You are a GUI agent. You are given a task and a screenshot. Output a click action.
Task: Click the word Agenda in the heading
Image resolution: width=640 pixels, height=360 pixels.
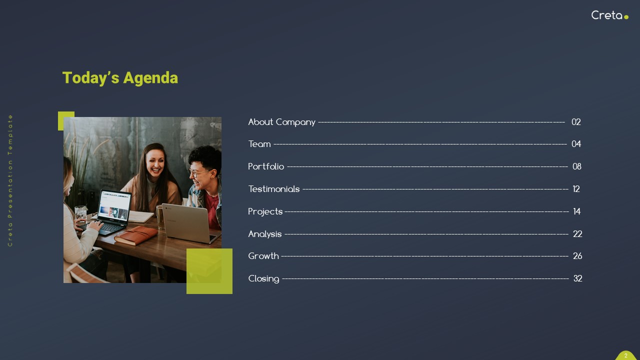(150, 78)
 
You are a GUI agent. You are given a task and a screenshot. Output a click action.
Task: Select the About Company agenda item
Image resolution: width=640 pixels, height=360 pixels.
(281, 122)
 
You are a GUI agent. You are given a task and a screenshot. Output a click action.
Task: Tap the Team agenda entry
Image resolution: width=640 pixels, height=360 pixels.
(259, 144)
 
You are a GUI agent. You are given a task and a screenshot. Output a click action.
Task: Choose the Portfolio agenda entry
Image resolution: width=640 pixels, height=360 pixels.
(266, 166)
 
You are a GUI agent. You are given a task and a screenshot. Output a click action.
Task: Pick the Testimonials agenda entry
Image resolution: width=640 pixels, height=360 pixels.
(274, 189)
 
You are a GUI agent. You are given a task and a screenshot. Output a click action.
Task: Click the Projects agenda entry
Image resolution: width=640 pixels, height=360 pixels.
(265, 211)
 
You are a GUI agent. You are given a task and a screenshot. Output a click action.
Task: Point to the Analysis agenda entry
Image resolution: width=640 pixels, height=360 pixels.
(265, 234)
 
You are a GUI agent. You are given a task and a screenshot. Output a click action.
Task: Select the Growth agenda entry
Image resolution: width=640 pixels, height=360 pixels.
(263, 256)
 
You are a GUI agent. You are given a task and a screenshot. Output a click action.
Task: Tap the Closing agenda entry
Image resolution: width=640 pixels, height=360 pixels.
(263, 278)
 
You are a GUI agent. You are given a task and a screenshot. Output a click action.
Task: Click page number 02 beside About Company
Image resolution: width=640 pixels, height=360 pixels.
(576, 122)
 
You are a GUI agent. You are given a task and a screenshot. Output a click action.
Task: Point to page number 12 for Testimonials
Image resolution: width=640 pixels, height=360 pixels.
(576, 189)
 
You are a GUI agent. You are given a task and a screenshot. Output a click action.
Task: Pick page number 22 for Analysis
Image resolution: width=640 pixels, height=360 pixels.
(577, 234)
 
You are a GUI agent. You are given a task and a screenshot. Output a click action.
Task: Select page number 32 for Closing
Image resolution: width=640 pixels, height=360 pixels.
(577, 278)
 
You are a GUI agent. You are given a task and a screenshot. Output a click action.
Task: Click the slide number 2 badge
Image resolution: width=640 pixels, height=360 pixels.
(625, 355)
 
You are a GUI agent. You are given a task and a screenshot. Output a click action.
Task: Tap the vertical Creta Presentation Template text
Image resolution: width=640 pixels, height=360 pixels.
(10, 180)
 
